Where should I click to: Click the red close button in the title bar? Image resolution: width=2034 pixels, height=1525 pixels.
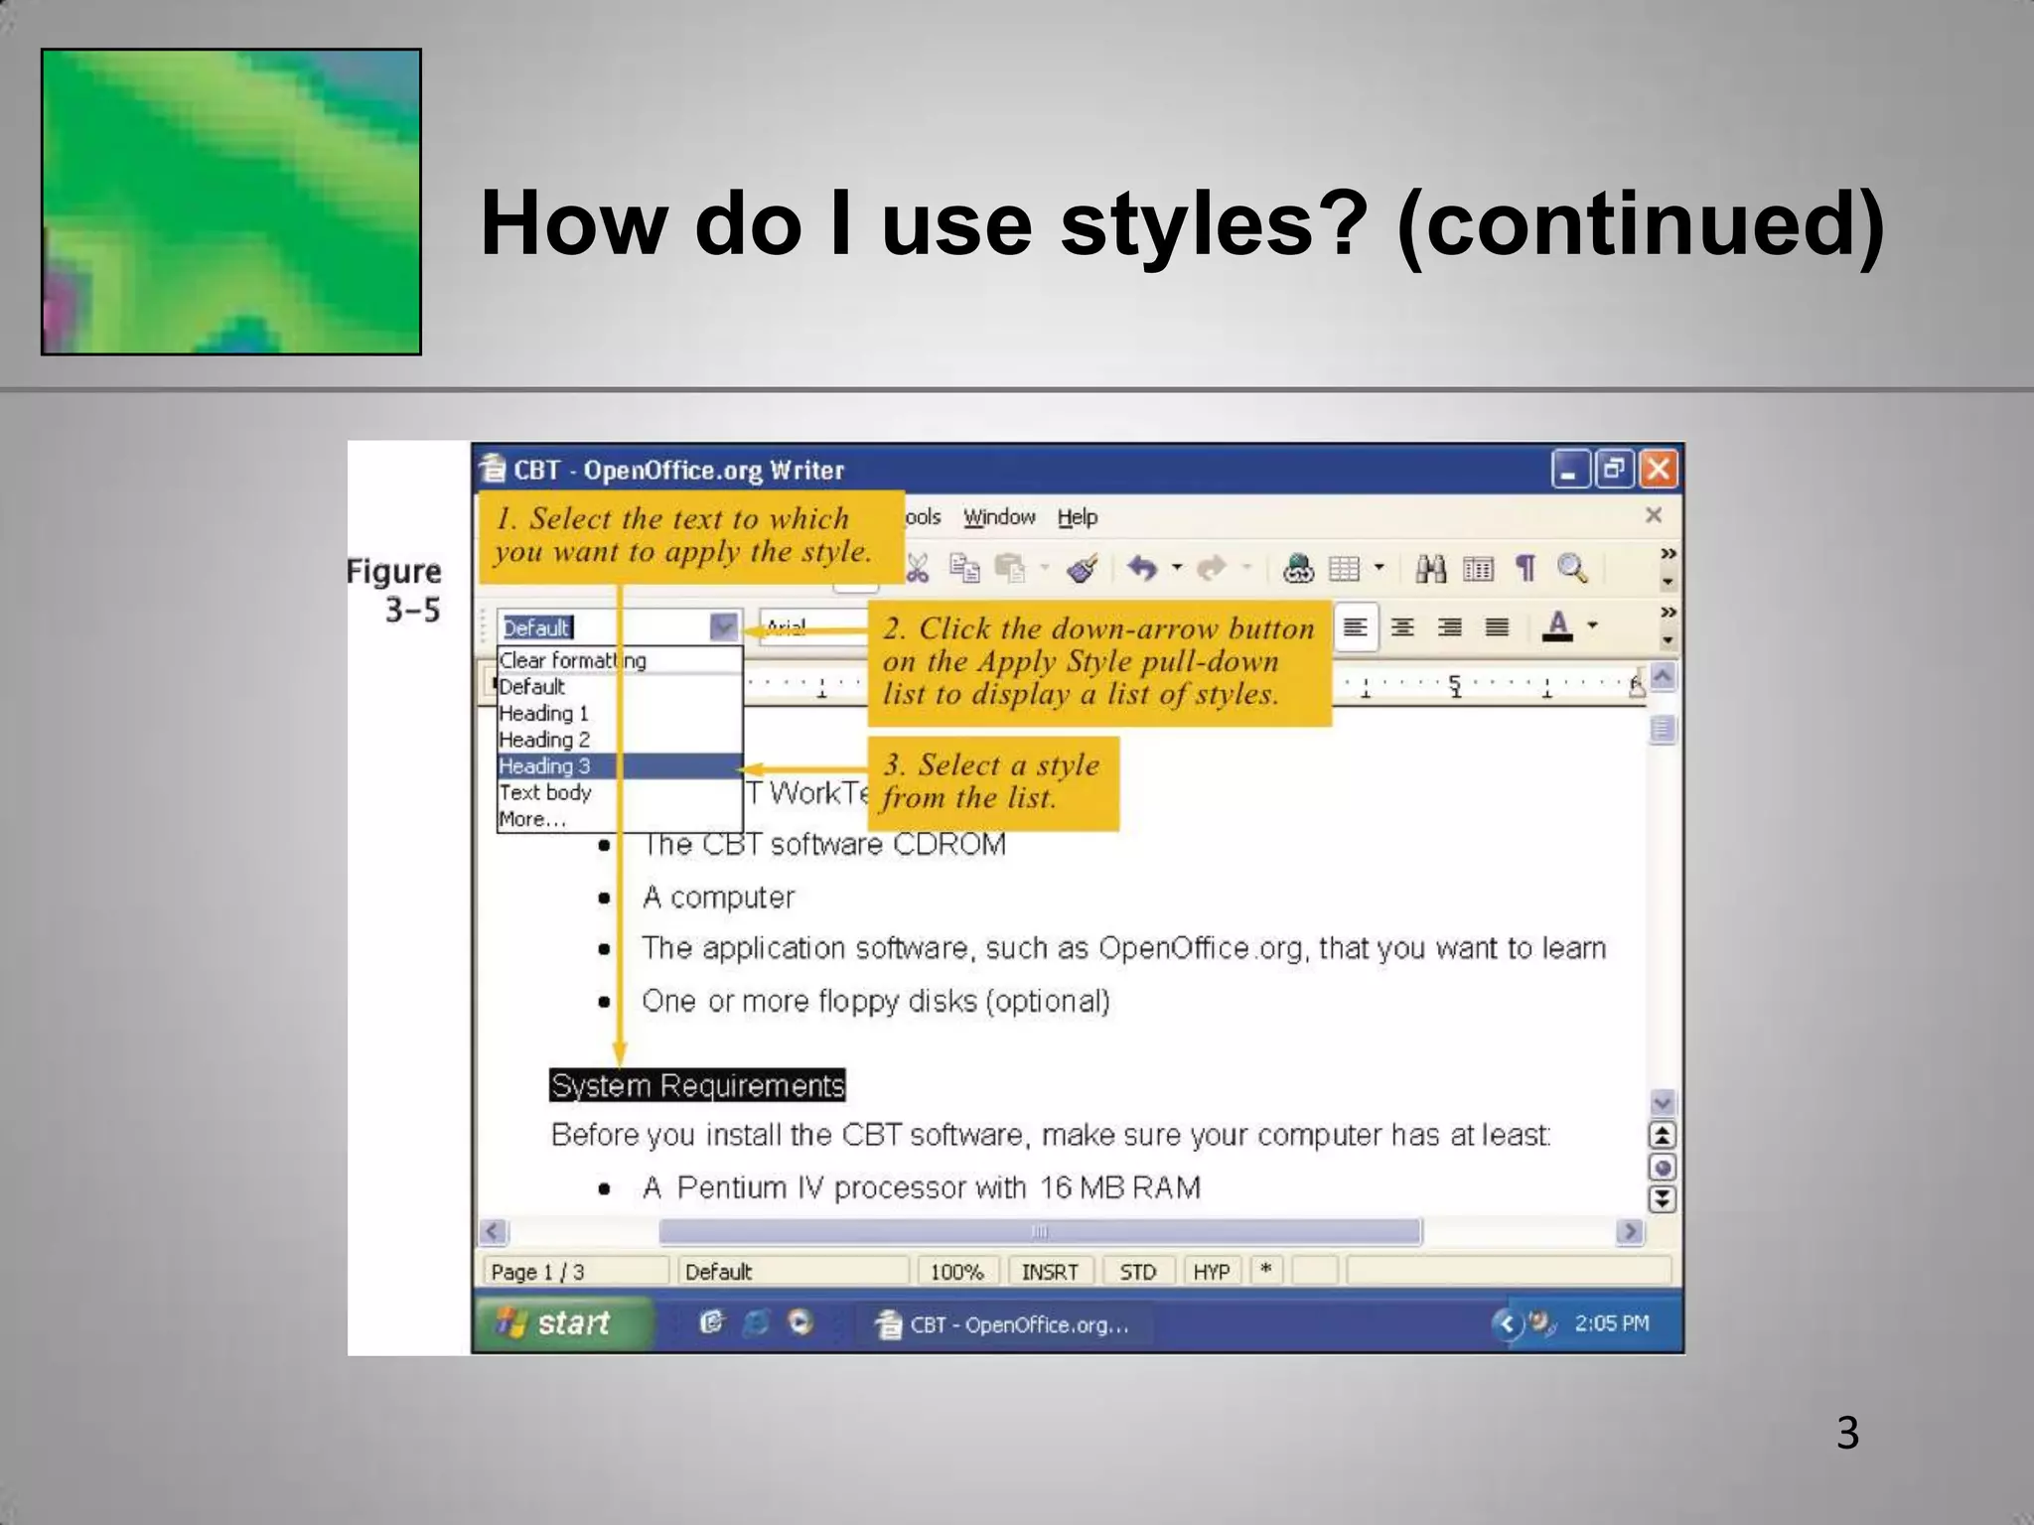coord(1658,470)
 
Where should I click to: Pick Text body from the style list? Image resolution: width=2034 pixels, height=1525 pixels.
coord(545,793)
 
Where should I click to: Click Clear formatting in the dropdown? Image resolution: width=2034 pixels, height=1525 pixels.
coord(572,661)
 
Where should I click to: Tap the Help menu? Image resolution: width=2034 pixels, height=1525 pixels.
coord(1077,517)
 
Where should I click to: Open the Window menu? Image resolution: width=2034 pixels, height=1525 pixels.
coord(999,517)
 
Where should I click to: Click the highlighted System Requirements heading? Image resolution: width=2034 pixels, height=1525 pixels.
coord(697,1085)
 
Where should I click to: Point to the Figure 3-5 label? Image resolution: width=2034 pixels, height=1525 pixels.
coord(395,590)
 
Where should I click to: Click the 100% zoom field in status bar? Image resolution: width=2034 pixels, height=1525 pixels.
coord(955,1272)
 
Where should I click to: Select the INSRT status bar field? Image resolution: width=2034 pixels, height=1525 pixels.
coord(1050,1272)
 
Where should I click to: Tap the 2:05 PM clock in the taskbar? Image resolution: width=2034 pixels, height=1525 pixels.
coord(1611,1323)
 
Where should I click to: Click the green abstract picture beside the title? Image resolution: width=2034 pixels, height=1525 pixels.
coord(230,202)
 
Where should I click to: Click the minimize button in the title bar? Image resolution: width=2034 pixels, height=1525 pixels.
coord(1569,470)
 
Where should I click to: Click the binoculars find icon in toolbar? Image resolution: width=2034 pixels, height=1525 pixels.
coord(1430,569)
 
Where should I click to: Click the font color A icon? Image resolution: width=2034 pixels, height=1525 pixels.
coord(1558,626)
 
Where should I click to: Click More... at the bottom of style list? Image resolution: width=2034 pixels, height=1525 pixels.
coord(532,820)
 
